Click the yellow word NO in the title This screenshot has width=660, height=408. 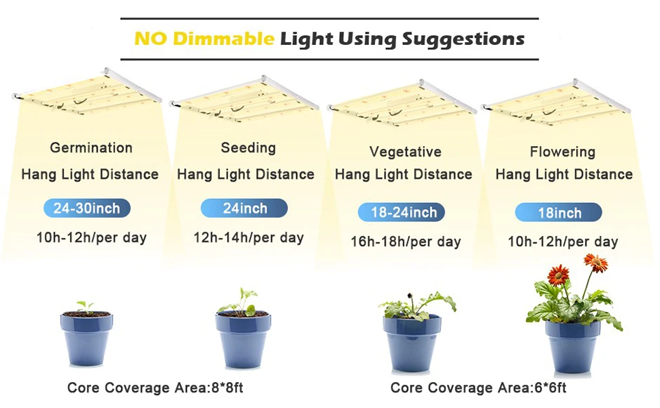151,39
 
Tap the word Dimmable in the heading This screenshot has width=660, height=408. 223,39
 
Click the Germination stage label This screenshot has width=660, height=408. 91,147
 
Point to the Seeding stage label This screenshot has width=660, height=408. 249,147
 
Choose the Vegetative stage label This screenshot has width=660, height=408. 405,152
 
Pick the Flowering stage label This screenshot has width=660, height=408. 562,152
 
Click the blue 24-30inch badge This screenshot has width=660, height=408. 86,208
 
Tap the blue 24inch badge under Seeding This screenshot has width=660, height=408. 244,208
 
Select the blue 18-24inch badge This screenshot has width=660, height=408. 401,212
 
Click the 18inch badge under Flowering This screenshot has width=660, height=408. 559,212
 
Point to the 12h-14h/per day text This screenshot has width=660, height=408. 249,238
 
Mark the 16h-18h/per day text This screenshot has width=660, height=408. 406,242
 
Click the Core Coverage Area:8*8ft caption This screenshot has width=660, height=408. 155,388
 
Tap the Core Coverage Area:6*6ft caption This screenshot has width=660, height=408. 478,388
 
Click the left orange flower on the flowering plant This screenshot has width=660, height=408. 558,276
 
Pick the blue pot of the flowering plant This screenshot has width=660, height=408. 572,346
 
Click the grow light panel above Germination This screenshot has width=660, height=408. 86,91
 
